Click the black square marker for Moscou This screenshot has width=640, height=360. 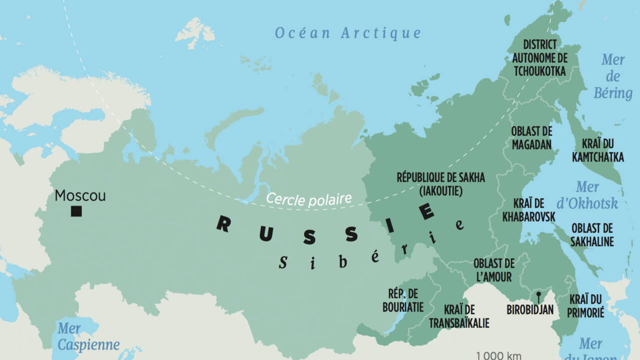point(76,211)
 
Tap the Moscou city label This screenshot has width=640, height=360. point(80,195)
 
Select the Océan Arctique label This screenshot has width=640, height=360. point(348,33)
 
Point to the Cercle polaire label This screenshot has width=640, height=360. point(308,198)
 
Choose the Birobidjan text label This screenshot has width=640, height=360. point(530,310)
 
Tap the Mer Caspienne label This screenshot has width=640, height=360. point(88,337)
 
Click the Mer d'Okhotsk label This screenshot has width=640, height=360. point(587,195)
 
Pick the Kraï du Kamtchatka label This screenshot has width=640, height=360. point(598,150)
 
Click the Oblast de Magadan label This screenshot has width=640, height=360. point(531,138)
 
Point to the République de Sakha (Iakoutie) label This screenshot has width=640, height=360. point(440,184)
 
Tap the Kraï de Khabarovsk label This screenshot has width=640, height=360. point(529,210)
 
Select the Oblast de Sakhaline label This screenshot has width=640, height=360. point(592,235)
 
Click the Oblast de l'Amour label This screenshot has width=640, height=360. point(493,270)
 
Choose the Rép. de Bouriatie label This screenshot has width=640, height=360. point(403,300)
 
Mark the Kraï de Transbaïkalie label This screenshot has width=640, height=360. point(459,316)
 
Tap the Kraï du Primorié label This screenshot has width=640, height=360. point(586,306)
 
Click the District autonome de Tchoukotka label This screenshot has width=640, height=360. point(539,58)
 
